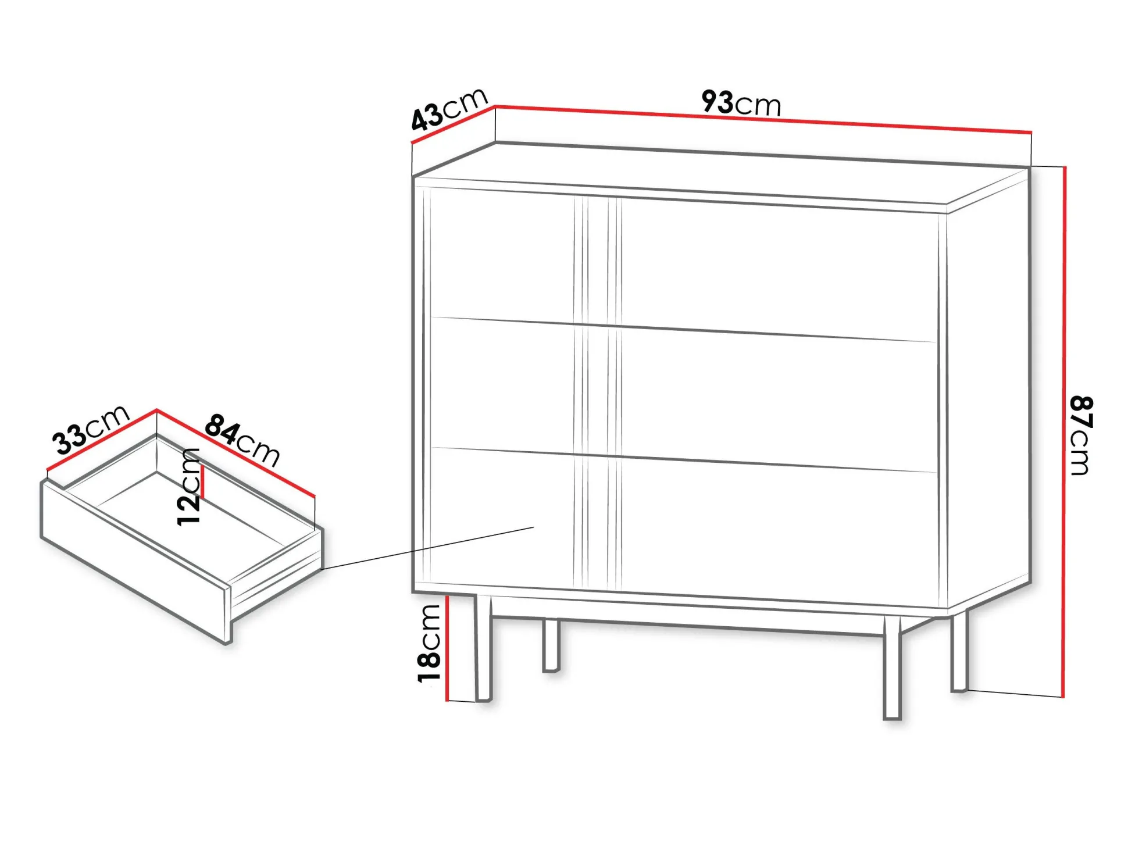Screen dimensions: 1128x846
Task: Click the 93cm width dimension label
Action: tap(741, 103)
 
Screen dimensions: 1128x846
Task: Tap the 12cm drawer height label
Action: tap(189, 487)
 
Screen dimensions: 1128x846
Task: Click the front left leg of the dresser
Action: tap(483, 648)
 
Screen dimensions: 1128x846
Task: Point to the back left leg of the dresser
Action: tap(551, 645)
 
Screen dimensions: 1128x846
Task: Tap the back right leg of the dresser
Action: tap(959, 650)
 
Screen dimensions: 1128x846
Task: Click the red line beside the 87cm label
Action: tap(1064, 431)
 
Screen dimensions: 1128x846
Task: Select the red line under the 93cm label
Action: tap(763, 119)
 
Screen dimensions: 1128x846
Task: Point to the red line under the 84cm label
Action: tap(235, 453)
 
